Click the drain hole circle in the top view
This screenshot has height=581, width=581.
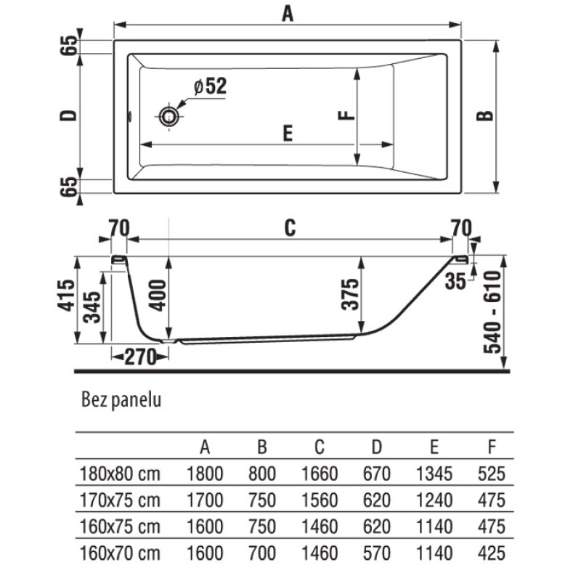point(169,116)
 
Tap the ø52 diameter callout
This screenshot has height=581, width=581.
point(210,86)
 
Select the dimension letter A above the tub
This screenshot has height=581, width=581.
point(288,14)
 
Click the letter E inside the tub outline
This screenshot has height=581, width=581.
point(288,133)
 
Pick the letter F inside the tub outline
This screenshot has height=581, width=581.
point(346,115)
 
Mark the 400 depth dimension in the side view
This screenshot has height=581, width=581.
point(157,296)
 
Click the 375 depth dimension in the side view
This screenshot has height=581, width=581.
point(350,294)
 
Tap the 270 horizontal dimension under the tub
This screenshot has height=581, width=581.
point(140,357)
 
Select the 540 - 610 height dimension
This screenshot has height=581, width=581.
point(492,312)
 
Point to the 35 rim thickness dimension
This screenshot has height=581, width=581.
point(455,281)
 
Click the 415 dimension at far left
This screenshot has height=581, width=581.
point(66,296)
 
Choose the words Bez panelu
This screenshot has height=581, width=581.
point(121,400)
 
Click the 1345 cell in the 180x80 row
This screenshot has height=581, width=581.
point(434,474)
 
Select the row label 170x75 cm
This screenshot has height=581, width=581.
point(120,500)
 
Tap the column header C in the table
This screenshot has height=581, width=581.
point(320,447)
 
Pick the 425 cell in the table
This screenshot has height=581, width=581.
point(492,553)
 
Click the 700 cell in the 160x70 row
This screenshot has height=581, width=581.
point(262,553)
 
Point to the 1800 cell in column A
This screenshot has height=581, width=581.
point(205,474)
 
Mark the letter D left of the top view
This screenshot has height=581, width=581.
point(68,116)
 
